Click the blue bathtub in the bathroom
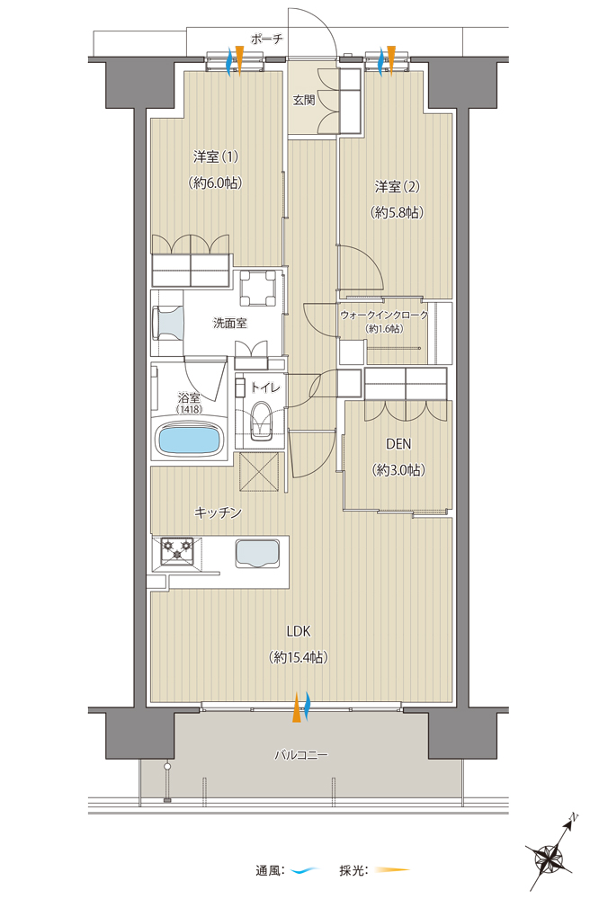(189, 441)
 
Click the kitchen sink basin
(257, 553)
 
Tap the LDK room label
(299, 631)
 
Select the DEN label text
(398, 444)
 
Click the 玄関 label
(304, 101)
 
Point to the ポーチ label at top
(267, 39)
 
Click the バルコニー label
(300, 755)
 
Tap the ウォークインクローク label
(384, 316)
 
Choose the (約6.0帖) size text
(215, 182)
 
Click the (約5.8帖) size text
(398, 213)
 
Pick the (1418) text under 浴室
(187, 409)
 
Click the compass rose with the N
(552, 855)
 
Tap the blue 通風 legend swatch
(306, 870)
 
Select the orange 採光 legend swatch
(393, 870)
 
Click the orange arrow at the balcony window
(297, 707)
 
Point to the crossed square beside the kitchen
(260, 471)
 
